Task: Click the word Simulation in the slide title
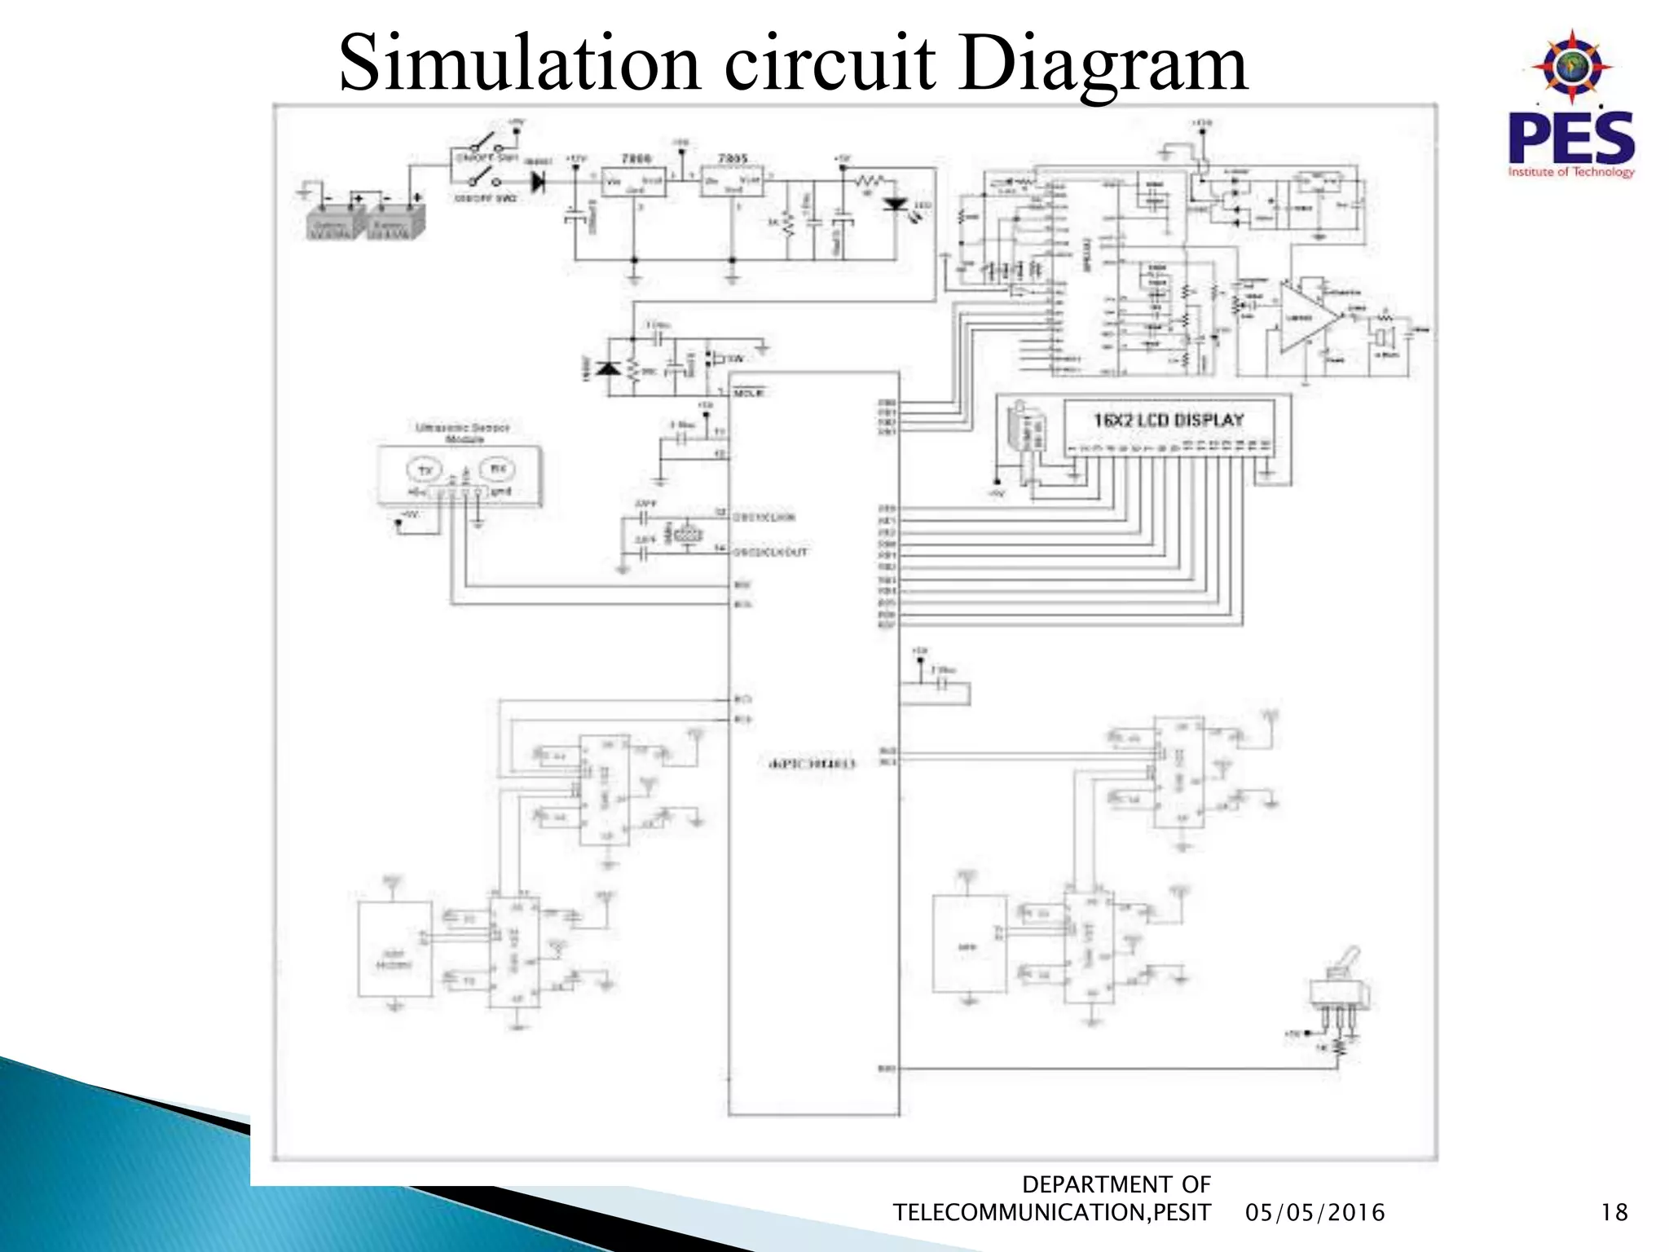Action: (x=519, y=64)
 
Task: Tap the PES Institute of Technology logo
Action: (x=1570, y=106)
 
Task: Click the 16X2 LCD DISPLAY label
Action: (x=1169, y=421)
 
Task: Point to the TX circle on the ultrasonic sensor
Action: (x=425, y=470)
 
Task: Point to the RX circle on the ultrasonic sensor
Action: (x=497, y=469)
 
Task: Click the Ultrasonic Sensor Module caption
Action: (x=463, y=433)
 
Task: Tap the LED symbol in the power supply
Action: (x=896, y=205)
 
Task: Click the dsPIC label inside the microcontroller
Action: (x=812, y=764)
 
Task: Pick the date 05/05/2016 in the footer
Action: (x=1315, y=1213)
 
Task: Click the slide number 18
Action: (x=1614, y=1213)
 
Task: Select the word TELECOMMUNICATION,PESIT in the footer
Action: (x=1051, y=1213)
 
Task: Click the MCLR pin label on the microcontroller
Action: (x=749, y=393)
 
